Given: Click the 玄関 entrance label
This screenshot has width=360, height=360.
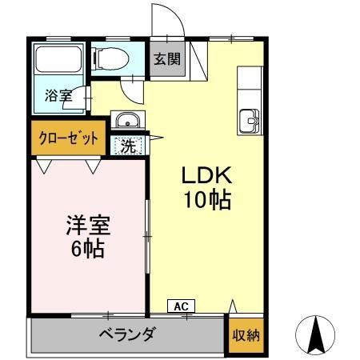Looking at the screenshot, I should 167,58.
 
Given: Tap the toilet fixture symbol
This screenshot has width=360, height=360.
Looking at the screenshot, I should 109,58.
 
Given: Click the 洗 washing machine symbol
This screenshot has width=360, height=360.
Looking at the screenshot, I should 128,146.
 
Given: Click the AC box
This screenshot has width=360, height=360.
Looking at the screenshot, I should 181,306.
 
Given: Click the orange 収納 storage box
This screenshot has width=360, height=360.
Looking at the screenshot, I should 246,335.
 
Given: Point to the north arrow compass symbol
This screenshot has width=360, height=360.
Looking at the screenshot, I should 318,335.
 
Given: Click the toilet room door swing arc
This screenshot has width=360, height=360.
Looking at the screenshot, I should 136,89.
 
